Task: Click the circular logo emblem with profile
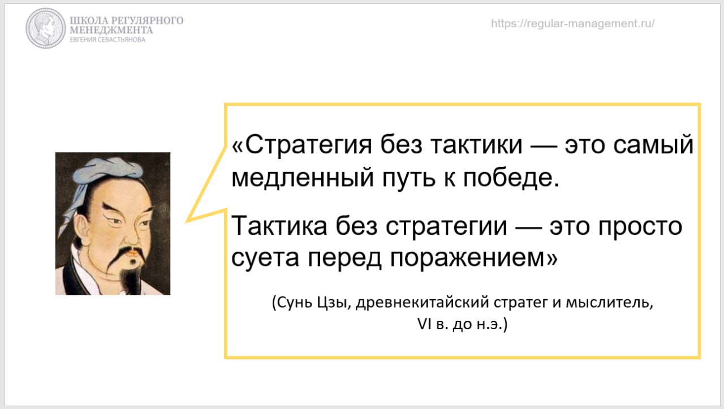click(46, 28)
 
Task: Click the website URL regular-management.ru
click(572, 24)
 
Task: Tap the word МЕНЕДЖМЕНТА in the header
click(111, 31)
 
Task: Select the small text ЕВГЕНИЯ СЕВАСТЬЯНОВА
click(107, 40)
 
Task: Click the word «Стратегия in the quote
click(302, 144)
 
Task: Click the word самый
click(653, 144)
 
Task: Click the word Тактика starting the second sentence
click(279, 226)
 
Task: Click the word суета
click(265, 258)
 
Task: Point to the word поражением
click(473, 258)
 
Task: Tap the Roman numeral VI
click(424, 324)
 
